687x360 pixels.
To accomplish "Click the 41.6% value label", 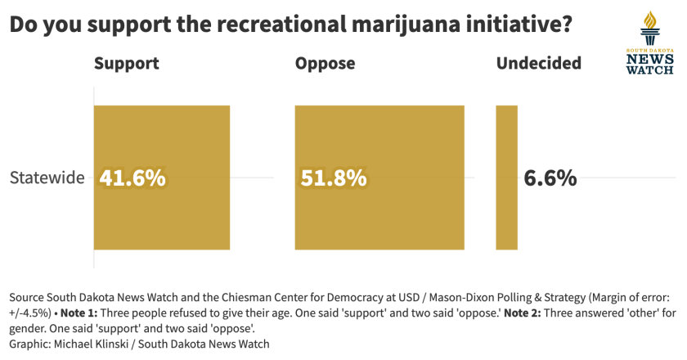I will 132,178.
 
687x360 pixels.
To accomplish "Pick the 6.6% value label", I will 550,178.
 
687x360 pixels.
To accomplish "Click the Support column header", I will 127,64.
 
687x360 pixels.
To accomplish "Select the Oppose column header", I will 326,64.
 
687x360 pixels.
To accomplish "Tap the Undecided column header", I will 539,64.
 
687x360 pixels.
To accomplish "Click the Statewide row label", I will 47,178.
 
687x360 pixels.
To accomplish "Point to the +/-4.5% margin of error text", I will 29,313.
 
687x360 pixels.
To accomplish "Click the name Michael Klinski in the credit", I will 91,344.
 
